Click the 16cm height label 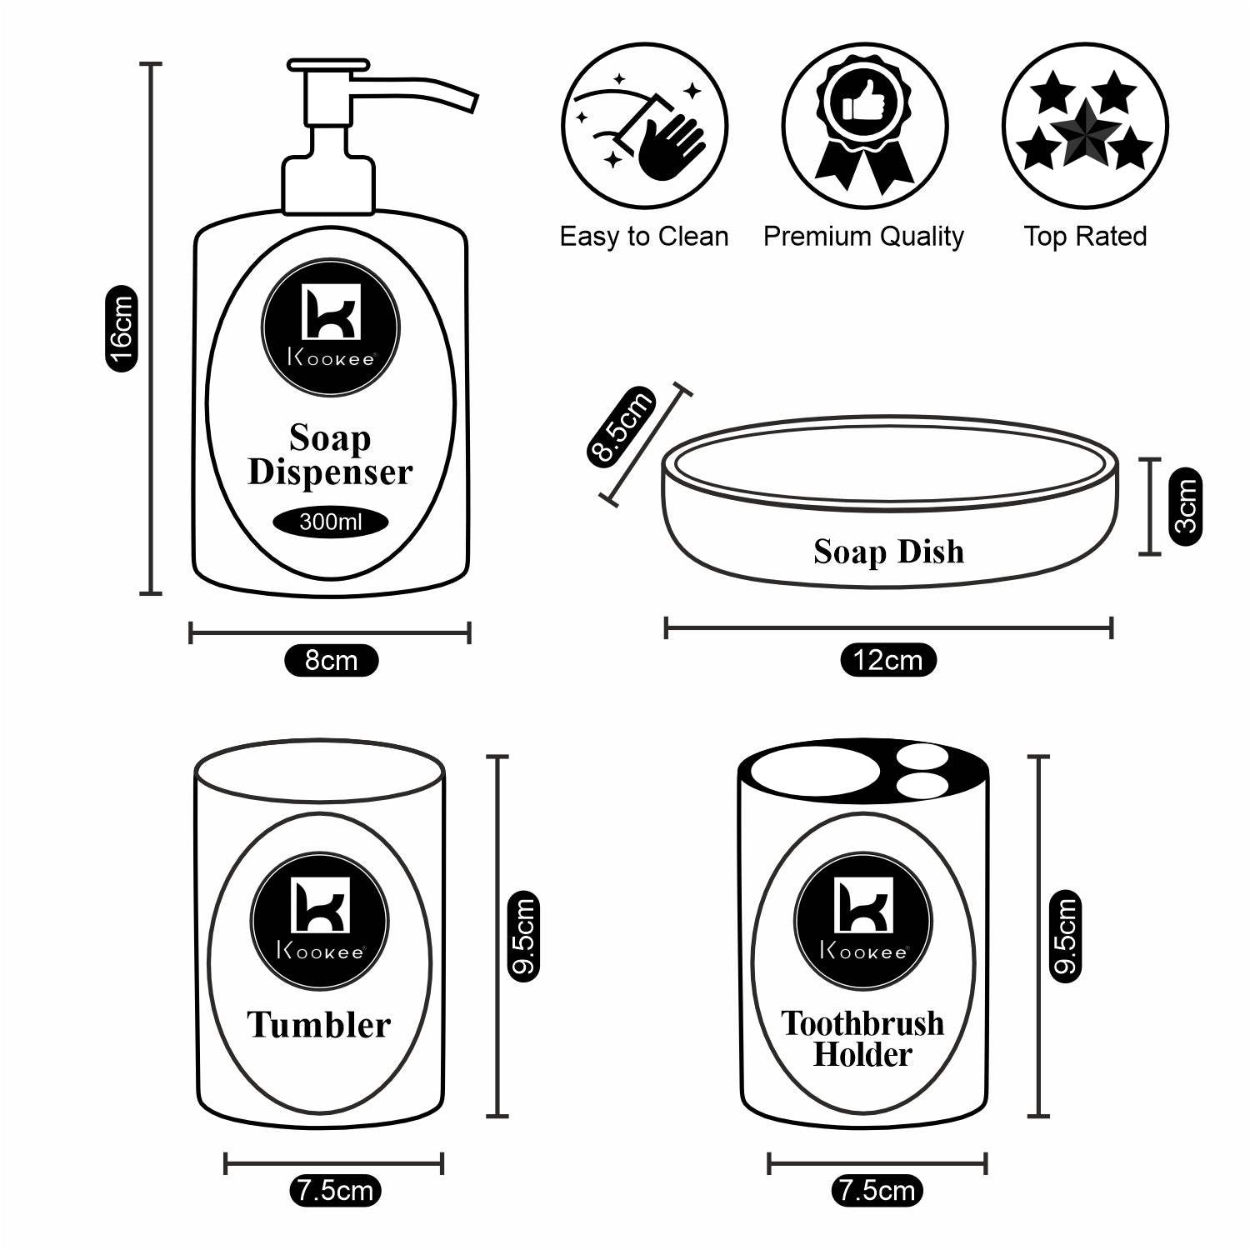pos(121,328)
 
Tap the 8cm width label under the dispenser pos(331,661)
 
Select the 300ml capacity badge pos(330,522)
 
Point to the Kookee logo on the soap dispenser pos(330,326)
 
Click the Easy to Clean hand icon pos(644,127)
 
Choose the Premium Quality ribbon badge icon pos(864,127)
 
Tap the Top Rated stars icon pos(1084,127)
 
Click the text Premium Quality pos(863,237)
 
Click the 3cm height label pos(1185,507)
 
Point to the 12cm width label pos(887,661)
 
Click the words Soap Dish pos(888,552)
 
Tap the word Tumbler pos(318,1025)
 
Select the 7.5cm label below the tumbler pos(335,1191)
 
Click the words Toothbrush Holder pos(862,1038)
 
